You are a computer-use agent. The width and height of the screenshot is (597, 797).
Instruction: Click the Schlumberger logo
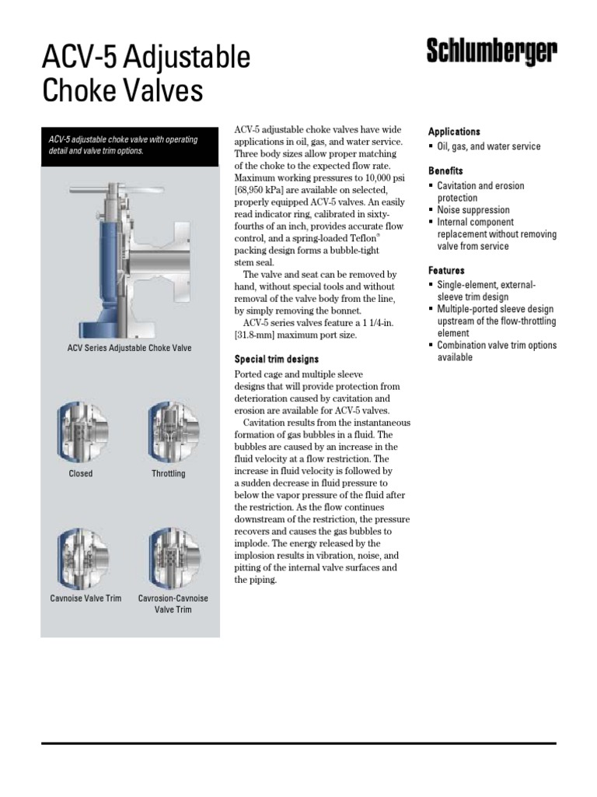tap(491, 53)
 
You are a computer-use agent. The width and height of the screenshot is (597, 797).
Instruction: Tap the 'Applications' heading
tap(454, 132)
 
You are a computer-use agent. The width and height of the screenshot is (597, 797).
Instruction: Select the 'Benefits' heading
tap(445, 170)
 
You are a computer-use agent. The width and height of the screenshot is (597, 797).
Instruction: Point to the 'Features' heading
tap(446, 270)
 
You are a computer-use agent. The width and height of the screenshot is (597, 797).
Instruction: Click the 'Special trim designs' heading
tap(277, 359)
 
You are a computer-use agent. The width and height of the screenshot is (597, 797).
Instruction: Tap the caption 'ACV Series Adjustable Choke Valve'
tap(129, 348)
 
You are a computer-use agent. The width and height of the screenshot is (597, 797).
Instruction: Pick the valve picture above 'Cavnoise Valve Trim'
tap(81, 557)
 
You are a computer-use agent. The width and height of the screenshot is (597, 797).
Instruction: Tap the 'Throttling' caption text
tap(169, 473)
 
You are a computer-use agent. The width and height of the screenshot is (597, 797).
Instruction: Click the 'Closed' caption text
tap(80, 473)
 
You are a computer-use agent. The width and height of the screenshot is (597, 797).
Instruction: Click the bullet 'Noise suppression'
tap(473, 210)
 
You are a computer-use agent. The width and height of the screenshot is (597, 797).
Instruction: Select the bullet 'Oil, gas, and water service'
tap(488, 146)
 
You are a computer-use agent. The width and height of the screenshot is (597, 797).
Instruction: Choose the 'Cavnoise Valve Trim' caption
tap(86, 599)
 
